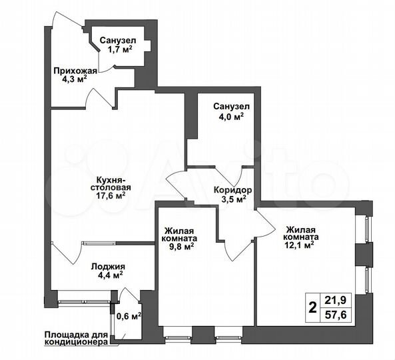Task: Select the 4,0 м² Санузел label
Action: [228, 115]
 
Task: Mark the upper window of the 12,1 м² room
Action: [367, 228]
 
